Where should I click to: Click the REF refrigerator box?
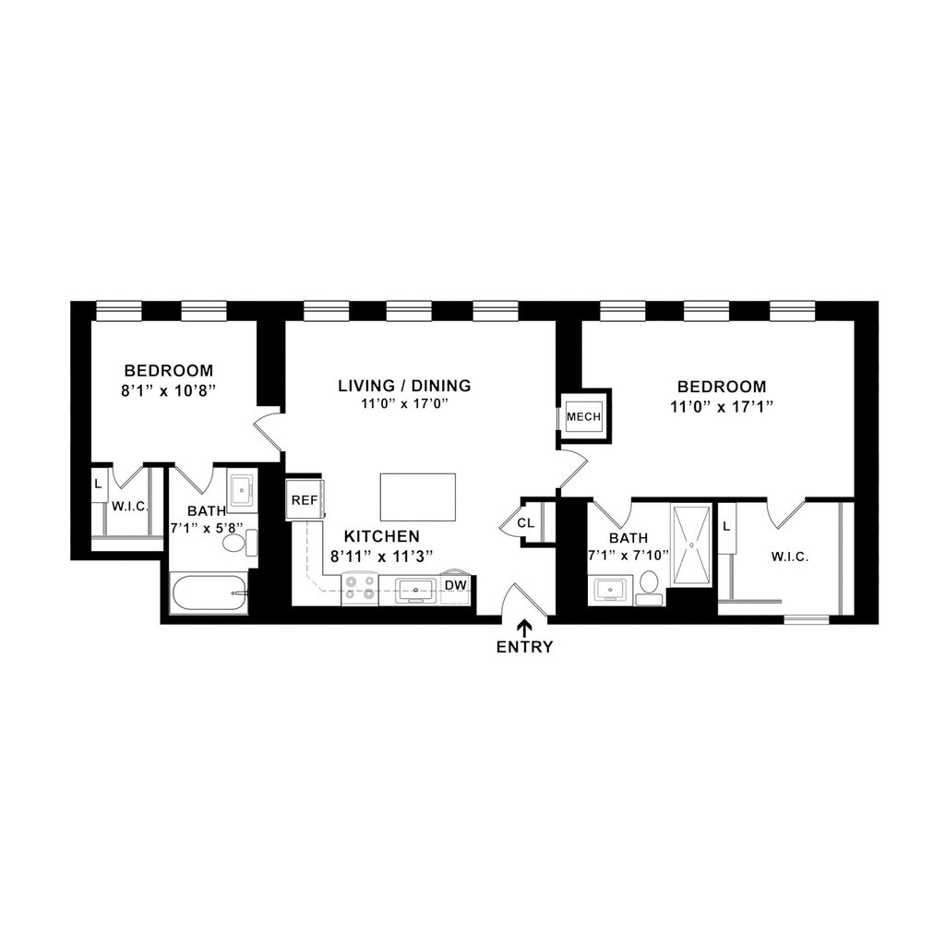pos(305,499)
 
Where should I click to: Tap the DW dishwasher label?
pos(456,585)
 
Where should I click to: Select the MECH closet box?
pos(583,416)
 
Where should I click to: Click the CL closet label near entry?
pos(525,523)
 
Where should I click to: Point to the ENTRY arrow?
pos(524,628)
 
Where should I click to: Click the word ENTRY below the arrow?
pos(524,647)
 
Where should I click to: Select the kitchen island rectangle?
pos(418,497)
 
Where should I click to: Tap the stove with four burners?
pos(360,589)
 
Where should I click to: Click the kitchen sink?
pos(415,589)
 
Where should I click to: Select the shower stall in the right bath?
pos(692,545)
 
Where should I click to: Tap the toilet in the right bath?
pos(649,588)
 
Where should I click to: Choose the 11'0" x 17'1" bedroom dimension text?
pos(722,407)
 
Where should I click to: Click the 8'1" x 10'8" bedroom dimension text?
pos(169,390)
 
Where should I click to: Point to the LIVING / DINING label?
pos(404,385)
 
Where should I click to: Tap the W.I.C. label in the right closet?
pos(790,556)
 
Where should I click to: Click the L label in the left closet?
pos(98,484)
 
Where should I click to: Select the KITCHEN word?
pos(381,536)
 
